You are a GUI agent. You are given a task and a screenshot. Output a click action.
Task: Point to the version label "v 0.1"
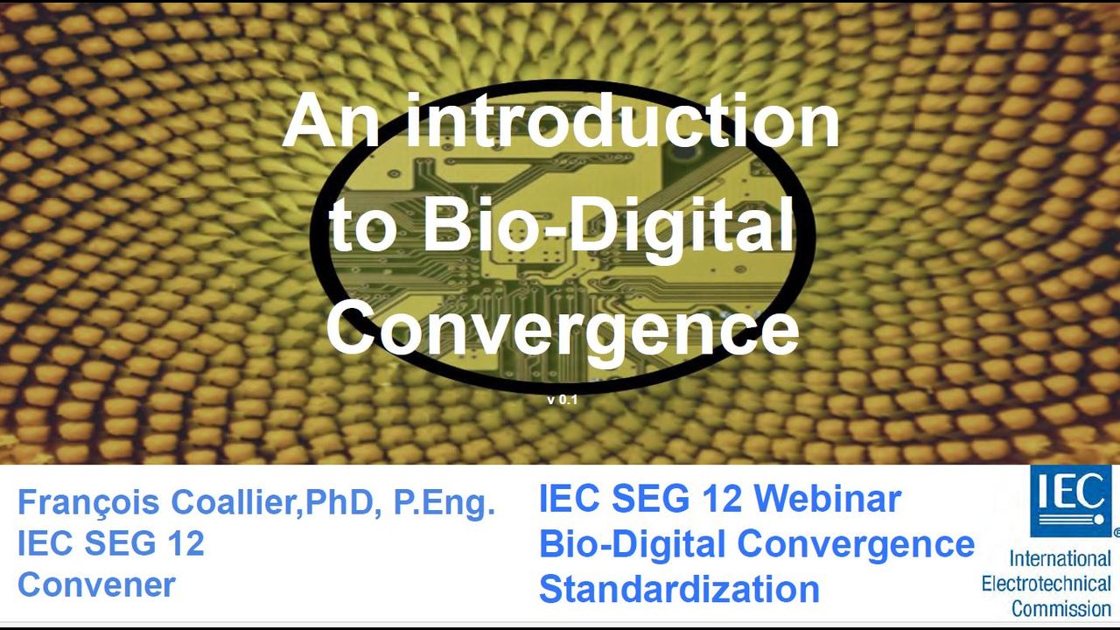[562, 400]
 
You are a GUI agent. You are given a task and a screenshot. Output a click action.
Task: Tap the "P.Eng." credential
[444, 503]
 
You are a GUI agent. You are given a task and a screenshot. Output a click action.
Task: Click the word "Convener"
[96, 584]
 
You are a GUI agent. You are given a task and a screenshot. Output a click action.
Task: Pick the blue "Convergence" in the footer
[856, 544]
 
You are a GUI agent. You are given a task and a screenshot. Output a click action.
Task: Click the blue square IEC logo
[1071, 501]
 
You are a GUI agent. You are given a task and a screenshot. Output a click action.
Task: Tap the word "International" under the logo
[1060, 558]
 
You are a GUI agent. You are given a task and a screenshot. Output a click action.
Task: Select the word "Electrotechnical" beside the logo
[1046, 584]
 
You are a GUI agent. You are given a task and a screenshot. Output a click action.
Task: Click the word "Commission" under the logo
[1061, 608]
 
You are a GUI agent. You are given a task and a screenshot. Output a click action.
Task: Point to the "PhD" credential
[339, 502]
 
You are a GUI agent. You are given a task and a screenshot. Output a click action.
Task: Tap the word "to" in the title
[359, 233]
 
